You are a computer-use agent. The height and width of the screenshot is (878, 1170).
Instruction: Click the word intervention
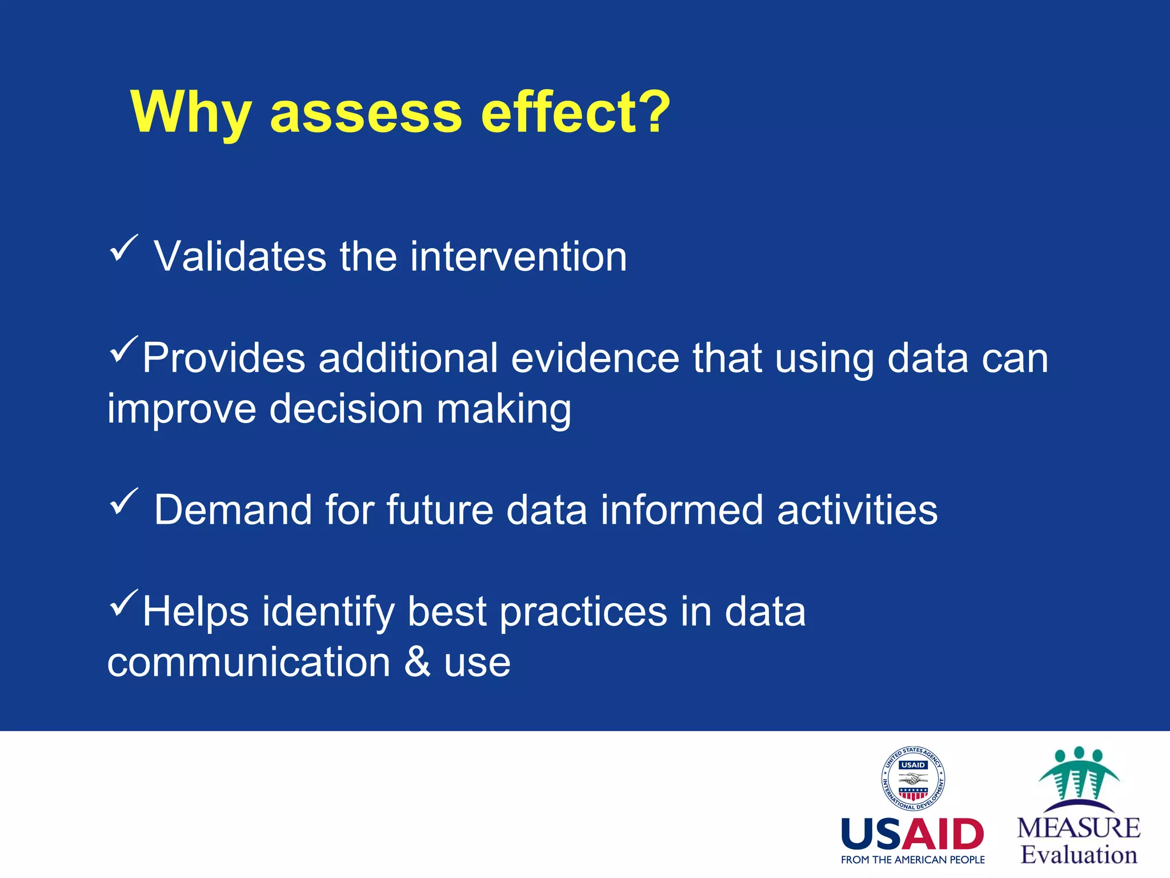(x=518, y=257)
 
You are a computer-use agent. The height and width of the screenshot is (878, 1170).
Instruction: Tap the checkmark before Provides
(x=123, y=349)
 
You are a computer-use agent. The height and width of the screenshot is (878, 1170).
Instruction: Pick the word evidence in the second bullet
(x=595, y=358)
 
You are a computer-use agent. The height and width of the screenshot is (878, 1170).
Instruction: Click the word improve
(x=182, y=409)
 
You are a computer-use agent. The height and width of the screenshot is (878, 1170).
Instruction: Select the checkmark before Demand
(x=123, y=501)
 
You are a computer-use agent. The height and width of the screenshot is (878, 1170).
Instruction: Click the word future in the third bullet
(x=439, y=510)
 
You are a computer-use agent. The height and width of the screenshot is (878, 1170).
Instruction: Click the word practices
(x=583, y=612)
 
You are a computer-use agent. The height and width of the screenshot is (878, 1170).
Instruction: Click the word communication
(x=249, y=663)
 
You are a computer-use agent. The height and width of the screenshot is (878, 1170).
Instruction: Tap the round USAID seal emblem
(x=913, y=779)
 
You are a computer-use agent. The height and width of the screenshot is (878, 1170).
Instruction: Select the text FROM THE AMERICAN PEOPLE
(x=912, y=860)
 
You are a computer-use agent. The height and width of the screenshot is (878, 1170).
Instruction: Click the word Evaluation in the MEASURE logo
(x=1079, y=855)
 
